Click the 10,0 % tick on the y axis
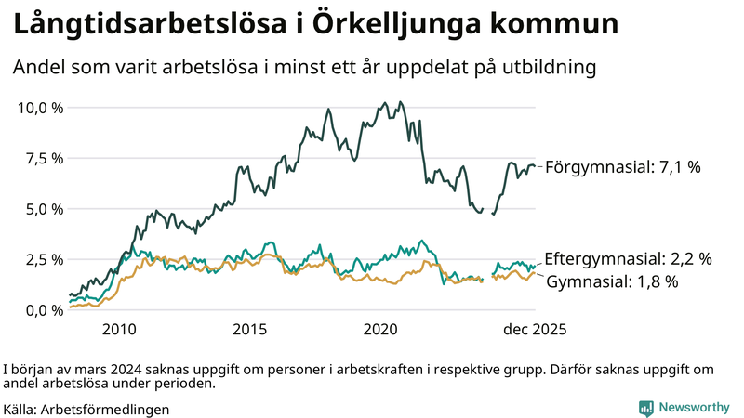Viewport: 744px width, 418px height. click(41, 108)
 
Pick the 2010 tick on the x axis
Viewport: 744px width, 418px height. click(119, 329)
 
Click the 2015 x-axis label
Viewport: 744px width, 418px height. click(250, 329)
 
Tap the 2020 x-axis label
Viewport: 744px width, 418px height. click(381, 329)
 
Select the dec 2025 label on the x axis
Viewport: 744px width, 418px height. click(535, 329)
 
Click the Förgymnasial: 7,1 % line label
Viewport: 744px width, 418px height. click(622, 167)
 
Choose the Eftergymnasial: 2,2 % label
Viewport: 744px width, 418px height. click(628, 258)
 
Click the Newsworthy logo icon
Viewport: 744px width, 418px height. click(645, 408)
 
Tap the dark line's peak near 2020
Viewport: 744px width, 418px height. click(400, 102)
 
